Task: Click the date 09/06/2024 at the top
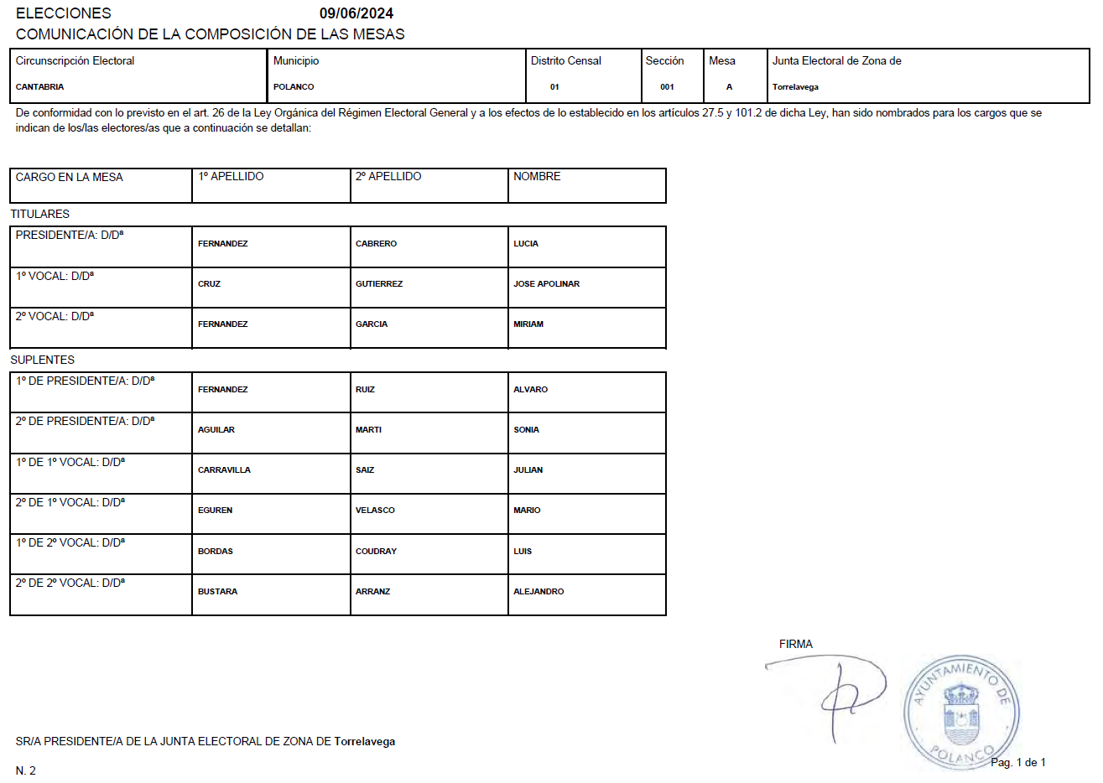(356, 13)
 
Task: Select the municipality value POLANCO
(294, 87)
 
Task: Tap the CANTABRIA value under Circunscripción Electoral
(39, 87)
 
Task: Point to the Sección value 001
(667, 87)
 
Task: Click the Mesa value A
(729, 87)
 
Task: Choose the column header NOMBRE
(537, 177)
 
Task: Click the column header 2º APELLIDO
(388, 177)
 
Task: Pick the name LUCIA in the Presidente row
(526, 244)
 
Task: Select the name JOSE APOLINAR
(546, 284)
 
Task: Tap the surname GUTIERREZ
(379, 284)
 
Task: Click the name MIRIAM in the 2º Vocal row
(528, 324)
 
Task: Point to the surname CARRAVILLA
(224, 470)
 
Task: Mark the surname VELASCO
(375, 511)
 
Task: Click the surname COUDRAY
(376, 552)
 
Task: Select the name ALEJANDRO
(538, 592)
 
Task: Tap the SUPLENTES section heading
(42, 360)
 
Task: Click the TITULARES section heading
(39, 214)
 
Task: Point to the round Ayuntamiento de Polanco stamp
(960, 713)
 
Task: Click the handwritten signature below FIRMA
(839, 692)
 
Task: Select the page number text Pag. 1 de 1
(1017, 763)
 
